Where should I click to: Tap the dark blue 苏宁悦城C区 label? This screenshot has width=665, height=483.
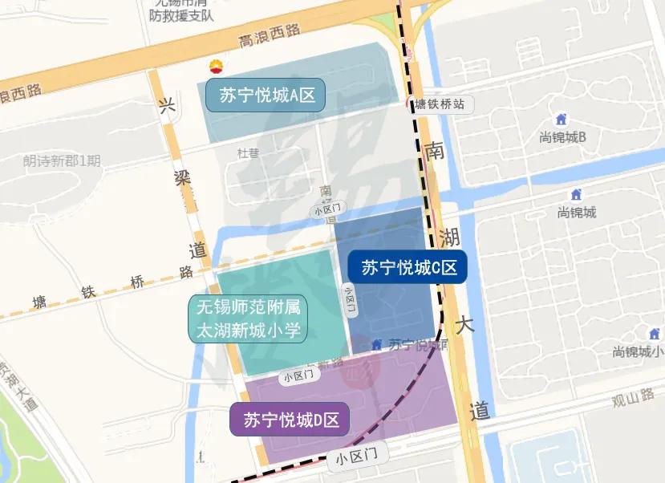[408, 267]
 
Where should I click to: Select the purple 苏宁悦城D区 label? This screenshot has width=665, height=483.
[290, 419]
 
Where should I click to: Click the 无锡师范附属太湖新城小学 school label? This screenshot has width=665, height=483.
[249, 319]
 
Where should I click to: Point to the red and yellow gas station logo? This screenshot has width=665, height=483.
[215, 67]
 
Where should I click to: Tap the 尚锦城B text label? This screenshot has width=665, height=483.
[564, 137]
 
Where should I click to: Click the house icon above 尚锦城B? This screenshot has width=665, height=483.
[562, 120]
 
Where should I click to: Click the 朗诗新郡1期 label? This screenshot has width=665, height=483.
[62, 160]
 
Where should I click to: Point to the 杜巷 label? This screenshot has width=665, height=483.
[248, 152]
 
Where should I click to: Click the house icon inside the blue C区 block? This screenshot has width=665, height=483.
[376, 344]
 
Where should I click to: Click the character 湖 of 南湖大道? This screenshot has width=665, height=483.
[449, 237]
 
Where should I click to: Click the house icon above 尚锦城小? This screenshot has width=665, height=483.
[652, 333]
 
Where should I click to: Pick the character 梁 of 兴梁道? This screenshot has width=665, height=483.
[183, 179]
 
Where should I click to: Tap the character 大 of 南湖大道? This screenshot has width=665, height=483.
[466, 326]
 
